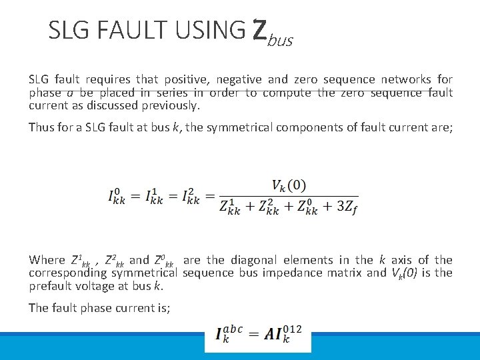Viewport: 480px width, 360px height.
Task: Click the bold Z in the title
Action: [x=260, y=29]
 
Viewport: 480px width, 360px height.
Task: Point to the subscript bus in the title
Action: [x=281, y=41]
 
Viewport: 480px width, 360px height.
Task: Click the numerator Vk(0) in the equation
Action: [x=288, y=185]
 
